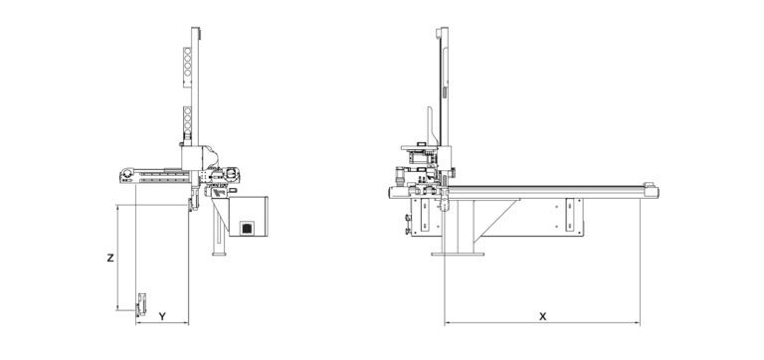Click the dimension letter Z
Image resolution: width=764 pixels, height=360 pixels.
point(110,258)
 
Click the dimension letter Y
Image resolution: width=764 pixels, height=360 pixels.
point(163,316)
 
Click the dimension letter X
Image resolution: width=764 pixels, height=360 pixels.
point(542,316)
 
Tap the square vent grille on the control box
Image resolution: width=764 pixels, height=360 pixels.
point(248,228)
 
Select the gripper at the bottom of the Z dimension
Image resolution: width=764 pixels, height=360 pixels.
point(141,305)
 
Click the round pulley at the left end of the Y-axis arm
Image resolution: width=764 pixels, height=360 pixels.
point(127,173)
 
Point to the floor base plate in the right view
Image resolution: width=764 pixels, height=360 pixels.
point(458,254)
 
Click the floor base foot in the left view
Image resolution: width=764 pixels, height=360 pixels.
point(219,254)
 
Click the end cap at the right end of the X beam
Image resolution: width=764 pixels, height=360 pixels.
point(651,191)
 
